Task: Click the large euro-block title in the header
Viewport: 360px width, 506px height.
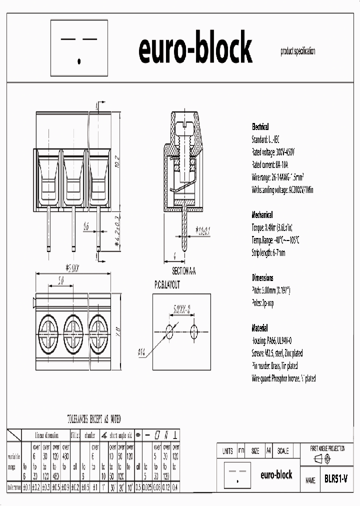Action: [195, 49]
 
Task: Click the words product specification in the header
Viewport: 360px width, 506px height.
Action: [297, 51]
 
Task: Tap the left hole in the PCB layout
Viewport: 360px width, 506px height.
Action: [170, 330]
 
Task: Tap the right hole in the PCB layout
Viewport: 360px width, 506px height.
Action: [194, 330]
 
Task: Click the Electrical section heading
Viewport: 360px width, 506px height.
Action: [260, 127]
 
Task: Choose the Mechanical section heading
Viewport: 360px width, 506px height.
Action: [262, 215]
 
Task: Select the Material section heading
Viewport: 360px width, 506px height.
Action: [259, 328]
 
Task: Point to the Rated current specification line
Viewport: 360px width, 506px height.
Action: [270, 164]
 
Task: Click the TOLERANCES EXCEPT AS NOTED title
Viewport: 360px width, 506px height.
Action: [93, 419]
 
